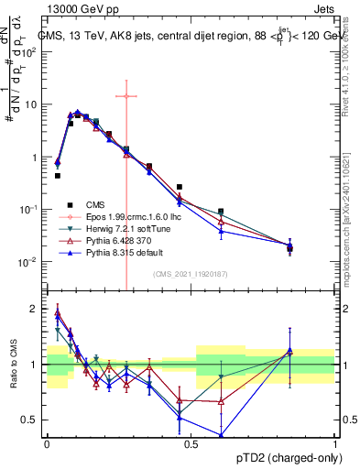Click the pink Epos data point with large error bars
pyautogui.click(x=125, y=96)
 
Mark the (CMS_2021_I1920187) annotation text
pyautogui.click(x=191, y=274)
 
